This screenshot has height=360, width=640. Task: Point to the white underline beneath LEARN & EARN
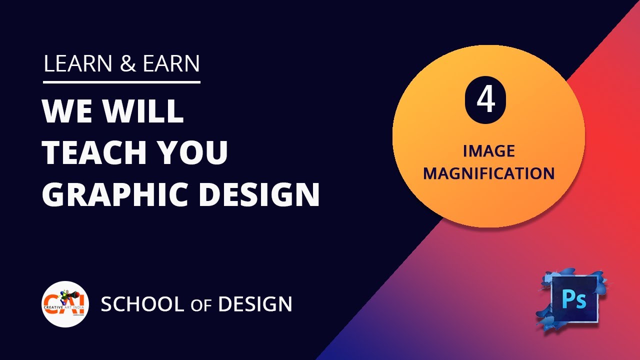click(x=121, y=82)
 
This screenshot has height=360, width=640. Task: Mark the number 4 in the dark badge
click(x=485, y=100)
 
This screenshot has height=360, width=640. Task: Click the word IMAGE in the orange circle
click(x=488, y=151)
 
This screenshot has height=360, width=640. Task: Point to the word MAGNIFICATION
click(x=488, y=174)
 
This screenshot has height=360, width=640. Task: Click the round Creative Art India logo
click(x=65, y=304)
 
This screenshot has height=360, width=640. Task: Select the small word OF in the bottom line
click(x=201, y=305)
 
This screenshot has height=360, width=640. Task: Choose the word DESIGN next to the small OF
click(x=255, y=304)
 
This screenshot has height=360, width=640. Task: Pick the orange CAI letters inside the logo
click(x=64, y=302)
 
